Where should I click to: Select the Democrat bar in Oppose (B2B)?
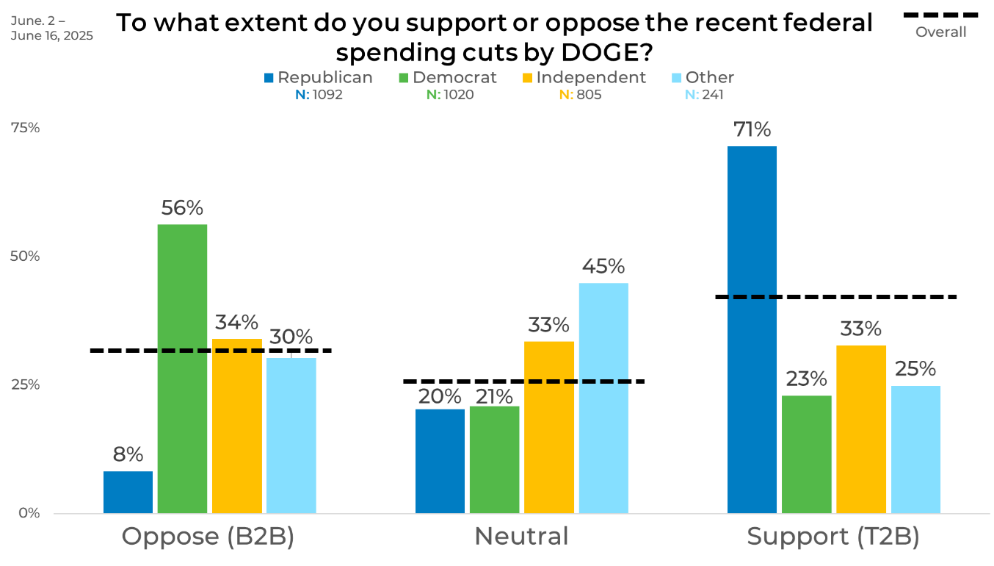182,368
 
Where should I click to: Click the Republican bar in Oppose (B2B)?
128,492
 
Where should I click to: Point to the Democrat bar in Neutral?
494,459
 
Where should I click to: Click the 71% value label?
752,130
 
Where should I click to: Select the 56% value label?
182,209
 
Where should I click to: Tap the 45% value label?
603,266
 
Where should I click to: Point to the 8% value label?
128,455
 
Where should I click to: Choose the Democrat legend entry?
448,78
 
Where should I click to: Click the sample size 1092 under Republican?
327,95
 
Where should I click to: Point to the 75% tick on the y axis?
25,128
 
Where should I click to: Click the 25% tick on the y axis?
25,384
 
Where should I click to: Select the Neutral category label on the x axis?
521,537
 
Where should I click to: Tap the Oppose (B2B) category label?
208,537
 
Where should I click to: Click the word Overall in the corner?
940,32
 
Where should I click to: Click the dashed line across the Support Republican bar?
752,297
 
